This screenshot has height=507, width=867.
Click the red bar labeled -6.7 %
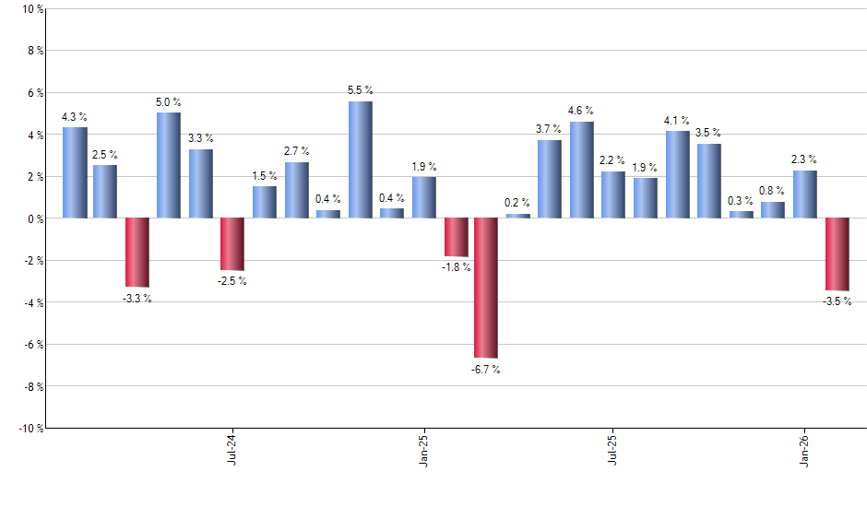[x=486, y=288]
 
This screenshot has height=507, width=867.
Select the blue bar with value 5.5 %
[x=361, y=159]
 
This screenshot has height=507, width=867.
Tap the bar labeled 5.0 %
[x=169, y=165]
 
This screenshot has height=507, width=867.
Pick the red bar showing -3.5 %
[x=837, y=254]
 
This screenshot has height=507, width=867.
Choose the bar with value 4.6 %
[x=581, y=170]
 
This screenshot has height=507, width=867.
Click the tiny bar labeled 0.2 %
[x=518, y=216]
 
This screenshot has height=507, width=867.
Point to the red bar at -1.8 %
[x=456, y=237]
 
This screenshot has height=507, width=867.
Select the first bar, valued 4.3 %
[x=75, y=172]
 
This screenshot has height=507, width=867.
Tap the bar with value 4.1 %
[x=677, y=174]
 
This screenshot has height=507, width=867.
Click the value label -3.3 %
[x=137, y=298]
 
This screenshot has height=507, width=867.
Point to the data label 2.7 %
[x=296, y=151]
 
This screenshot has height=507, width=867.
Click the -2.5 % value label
[x=232, y=281]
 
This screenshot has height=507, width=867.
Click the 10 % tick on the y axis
[x=31, y=9]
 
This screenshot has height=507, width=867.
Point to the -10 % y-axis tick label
[x=30, y=428]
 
